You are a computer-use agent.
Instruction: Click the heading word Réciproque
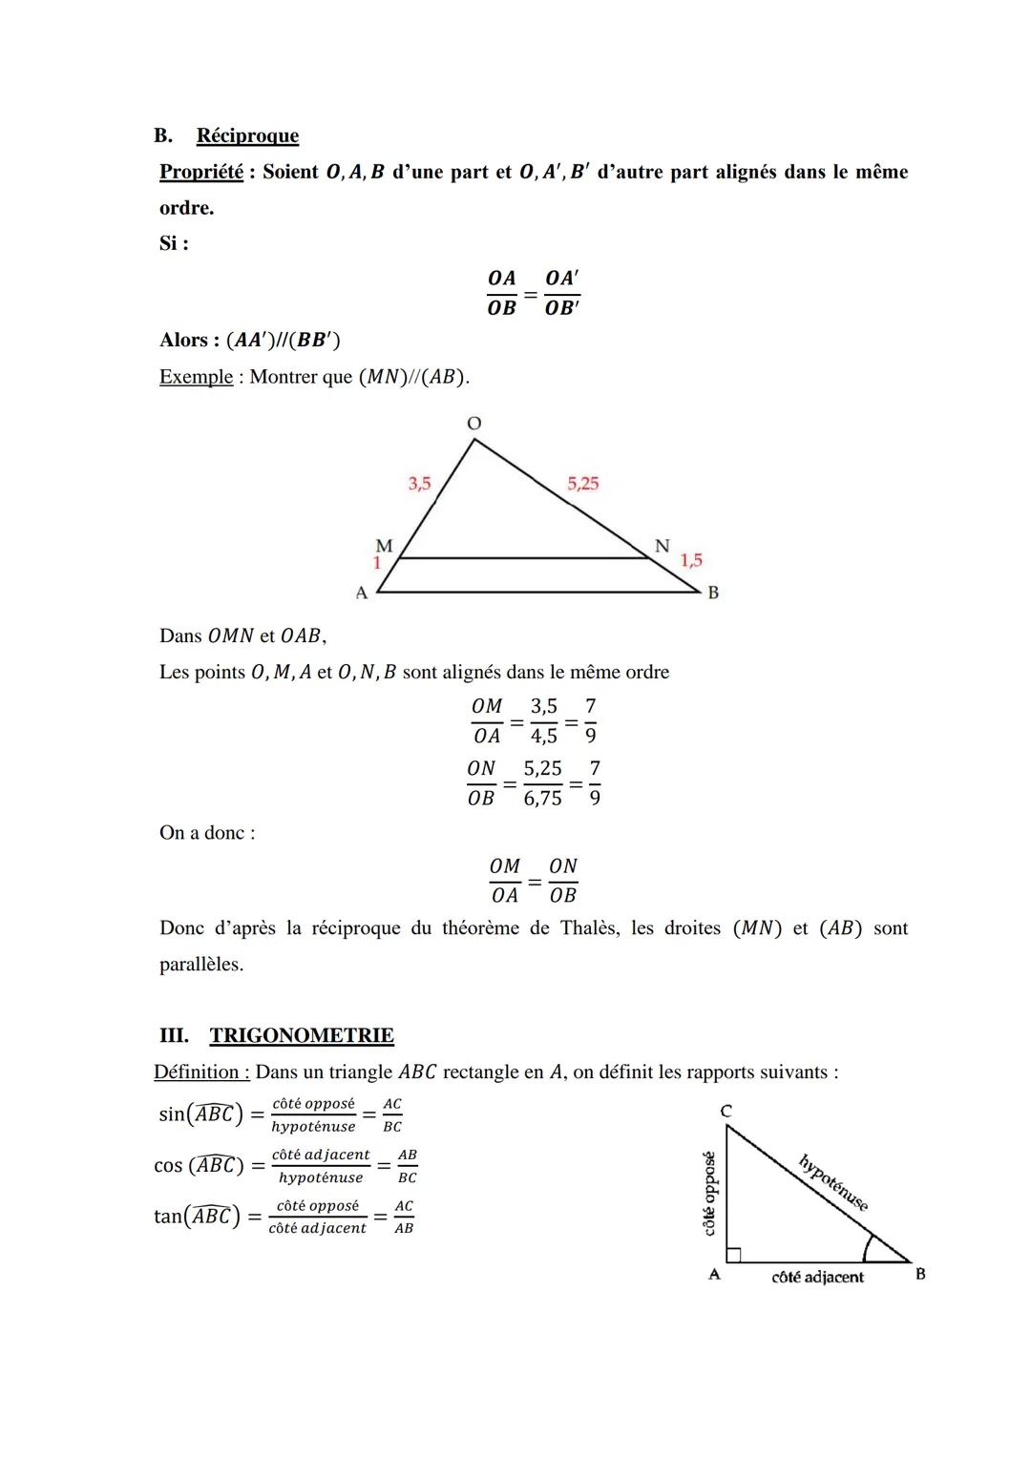click(247, 135)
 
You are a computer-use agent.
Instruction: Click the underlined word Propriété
click(200, 172)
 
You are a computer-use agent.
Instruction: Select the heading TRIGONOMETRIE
click(302, 1035)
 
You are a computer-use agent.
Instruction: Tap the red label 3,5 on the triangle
click(419, 484)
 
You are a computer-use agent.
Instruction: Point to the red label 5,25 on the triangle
click(582, 483)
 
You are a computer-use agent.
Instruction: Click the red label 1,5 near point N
click(691, 560)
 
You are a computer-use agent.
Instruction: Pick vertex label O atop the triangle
click(473, 423)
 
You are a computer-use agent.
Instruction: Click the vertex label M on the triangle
click(384, 546)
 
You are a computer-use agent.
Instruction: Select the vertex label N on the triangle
click(662, 546)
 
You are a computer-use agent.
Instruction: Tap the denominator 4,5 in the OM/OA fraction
click(543, 736)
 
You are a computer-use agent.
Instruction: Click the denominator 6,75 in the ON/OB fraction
click(542, 798)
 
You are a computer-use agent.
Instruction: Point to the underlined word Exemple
click(196, 377)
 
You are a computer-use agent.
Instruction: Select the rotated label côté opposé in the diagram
click(709, 1193)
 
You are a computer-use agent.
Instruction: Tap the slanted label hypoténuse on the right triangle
click(833, 1183)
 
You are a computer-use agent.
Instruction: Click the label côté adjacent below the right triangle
click(817, 1277)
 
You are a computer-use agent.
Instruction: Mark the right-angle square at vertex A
click(733, 1253)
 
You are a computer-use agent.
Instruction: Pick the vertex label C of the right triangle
click(726, 1111)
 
